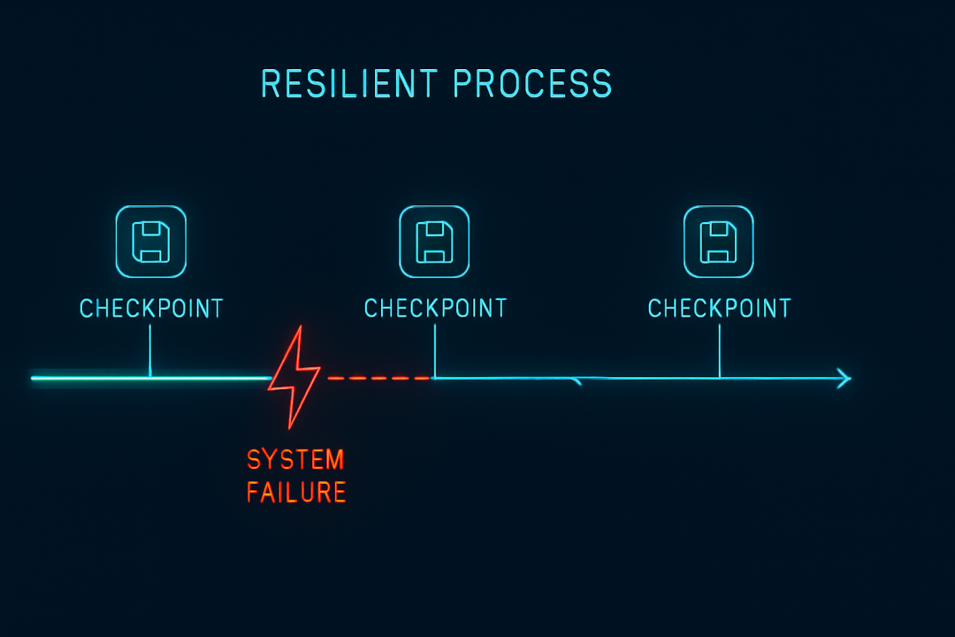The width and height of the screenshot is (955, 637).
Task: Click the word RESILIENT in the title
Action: point(349,83)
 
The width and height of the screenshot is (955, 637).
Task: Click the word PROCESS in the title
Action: point(532,83)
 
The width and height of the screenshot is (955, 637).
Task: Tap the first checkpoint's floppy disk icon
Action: point(151,242)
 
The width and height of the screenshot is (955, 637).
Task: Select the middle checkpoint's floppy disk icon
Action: point(434,242)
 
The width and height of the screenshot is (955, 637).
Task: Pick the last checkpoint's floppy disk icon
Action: point(719,242)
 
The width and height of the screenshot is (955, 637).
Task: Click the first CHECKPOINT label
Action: point(152,309)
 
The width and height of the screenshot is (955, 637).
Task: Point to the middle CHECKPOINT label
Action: point(435,309)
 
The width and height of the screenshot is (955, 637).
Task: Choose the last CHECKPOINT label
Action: point(719,309)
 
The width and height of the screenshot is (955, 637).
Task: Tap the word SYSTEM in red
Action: point(295,460)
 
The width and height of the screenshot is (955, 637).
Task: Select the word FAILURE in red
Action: point(296,493)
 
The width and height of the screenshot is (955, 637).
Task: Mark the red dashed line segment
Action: point(379,379)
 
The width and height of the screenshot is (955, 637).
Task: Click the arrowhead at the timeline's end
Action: point(844,379)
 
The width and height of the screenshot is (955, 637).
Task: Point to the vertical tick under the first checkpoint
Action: point(149,350)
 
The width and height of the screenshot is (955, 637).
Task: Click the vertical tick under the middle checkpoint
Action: point(435,351)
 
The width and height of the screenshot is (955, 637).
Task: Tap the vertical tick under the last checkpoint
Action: point(719,351)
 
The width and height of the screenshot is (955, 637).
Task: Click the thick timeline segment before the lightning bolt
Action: point(152,379)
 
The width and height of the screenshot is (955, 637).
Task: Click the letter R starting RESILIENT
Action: point(270,83)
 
